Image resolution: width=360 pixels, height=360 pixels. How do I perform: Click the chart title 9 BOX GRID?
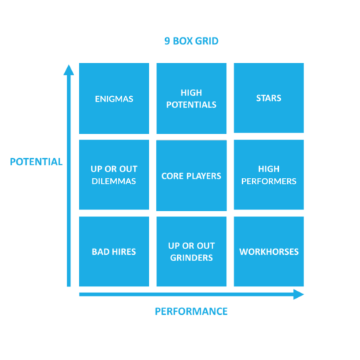click(x=191, y=41)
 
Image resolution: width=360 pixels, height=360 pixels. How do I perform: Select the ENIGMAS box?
click(x=114, y=98)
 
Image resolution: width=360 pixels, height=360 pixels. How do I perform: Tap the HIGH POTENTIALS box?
click(x=191, y=98)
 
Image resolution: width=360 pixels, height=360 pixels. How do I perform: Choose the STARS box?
click(x=268, y=98)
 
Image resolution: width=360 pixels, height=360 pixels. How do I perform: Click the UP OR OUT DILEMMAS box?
click(x=114, y=175)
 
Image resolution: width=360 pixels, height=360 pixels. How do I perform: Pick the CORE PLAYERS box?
click(x=191, y=175)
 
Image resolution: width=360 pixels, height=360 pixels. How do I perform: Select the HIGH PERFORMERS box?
click(x=268, y=175)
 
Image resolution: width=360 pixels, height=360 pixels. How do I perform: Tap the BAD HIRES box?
click(x=114, y=251)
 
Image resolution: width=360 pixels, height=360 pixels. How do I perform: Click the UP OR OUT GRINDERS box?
click(x=191, y=251)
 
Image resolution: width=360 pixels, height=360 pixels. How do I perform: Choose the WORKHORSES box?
click(x=268, y=251)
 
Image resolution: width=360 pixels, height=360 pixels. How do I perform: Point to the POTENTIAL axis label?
click(x=36, y=162)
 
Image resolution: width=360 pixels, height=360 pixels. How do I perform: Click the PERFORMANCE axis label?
click(x=191, y=311)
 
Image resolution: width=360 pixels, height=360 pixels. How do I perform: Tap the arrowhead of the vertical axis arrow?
click(x=68, y=69)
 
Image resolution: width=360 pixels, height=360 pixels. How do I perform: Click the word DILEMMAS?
click(x=114, y=181)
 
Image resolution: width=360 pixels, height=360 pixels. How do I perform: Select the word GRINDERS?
click(x=191, y=258)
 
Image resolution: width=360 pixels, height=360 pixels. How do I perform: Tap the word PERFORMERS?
click(x=268, y=181)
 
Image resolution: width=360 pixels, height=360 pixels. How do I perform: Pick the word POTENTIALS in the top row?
click(x=191, y=104)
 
